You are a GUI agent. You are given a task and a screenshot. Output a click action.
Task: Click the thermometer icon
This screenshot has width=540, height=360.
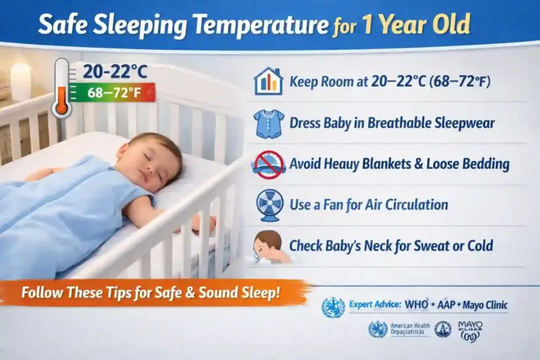61,89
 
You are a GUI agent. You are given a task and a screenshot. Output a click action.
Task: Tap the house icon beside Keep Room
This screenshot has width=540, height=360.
268,82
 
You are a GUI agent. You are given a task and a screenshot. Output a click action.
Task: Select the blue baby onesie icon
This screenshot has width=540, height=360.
269,123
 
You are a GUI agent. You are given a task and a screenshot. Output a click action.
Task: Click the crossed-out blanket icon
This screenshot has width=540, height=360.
269,165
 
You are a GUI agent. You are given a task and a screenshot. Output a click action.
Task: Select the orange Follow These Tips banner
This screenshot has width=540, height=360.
151,292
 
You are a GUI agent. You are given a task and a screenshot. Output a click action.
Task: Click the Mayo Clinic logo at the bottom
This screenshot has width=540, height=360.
470,330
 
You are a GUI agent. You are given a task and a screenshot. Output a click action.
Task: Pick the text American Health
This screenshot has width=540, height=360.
410,325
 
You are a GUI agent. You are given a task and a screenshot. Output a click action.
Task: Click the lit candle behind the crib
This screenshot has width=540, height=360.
20,80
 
